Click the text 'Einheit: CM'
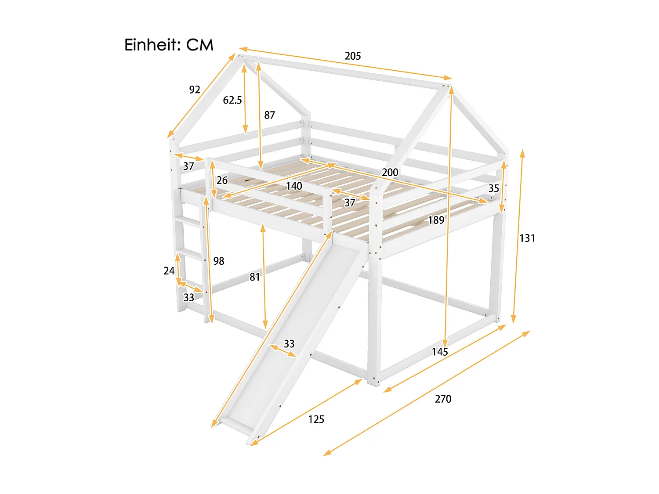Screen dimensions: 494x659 (169, 45)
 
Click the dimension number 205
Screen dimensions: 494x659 (353, 56)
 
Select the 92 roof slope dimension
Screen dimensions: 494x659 (195, 90)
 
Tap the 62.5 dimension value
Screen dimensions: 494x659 (232, 100)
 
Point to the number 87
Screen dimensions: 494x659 (269, 115)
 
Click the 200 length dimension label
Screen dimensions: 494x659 (390, 172)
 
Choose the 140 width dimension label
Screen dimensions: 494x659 (294, 186)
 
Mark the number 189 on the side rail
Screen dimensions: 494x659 (436, 220)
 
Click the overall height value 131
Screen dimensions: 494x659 (527, 238)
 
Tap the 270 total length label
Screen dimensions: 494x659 (443, 399)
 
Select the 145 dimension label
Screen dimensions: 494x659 (440, 352)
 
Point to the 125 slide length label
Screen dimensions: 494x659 (316, 419)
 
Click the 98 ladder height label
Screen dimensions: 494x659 (219, 261)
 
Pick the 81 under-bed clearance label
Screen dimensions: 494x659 (255, 277)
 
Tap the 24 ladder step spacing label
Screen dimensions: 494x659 (169, 271)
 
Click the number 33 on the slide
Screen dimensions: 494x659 (289, 344)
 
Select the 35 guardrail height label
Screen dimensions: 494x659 (494, 188)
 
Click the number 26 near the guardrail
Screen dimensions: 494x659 (222, 180)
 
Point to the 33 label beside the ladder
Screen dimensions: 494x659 (189, 298)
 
